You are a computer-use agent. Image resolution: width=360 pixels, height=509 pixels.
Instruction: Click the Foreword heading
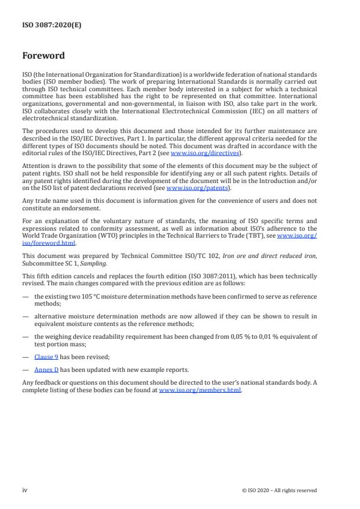(x=44, y=56)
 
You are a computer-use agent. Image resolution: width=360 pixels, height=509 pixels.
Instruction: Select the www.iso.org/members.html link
(x=200, y=390)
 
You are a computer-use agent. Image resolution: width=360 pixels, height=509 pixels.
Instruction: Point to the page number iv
(x=25, y=490)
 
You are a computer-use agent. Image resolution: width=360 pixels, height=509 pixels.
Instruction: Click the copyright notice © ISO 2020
(x=279, y=490)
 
